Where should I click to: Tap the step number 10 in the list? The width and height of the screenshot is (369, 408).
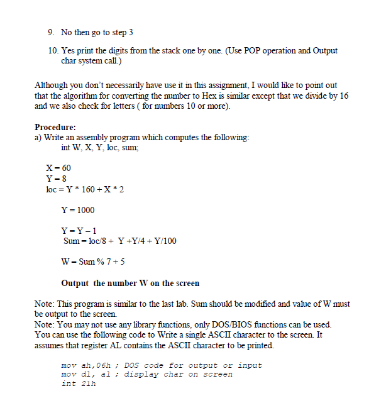pos(53,50)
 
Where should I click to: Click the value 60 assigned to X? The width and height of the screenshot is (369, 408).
pos(65,168)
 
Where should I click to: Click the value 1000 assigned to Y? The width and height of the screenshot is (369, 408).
pos(85,209)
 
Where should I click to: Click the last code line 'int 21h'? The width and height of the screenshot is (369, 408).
pos(78,383)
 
